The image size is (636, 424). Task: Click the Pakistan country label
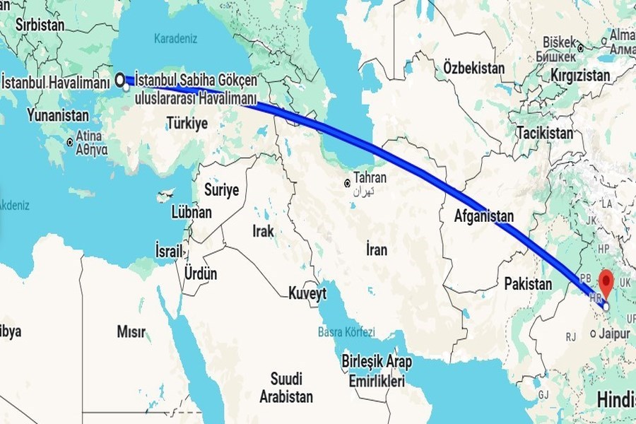click(528, 284)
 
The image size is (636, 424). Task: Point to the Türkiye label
click(187, 123)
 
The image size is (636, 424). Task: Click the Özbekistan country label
click(474, 68)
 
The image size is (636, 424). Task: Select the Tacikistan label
click(544, 132)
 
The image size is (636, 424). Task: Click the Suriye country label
click(221, 189)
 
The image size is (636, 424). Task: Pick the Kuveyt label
click(307, 293)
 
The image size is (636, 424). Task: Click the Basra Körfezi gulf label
click(346, 332)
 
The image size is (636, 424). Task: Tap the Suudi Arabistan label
click(285, 387)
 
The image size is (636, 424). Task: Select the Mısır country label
click(131, 331)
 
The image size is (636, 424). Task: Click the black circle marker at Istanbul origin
click(120, 79)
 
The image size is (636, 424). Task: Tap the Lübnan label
click(192, 211)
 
